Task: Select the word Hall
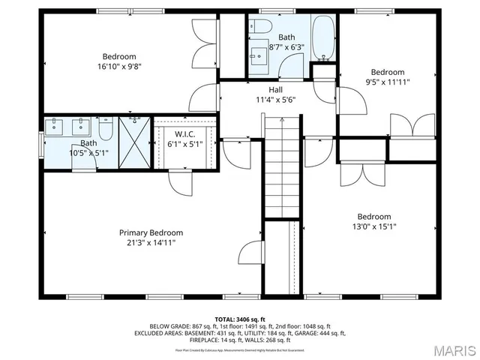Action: coord(275,89)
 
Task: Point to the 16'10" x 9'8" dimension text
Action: coord(119,66)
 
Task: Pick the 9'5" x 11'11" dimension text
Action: coord(387,82)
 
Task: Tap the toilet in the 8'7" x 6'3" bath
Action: coord(260,26)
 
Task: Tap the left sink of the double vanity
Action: coord(57,127)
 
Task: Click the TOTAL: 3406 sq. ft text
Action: coord(240,319)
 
